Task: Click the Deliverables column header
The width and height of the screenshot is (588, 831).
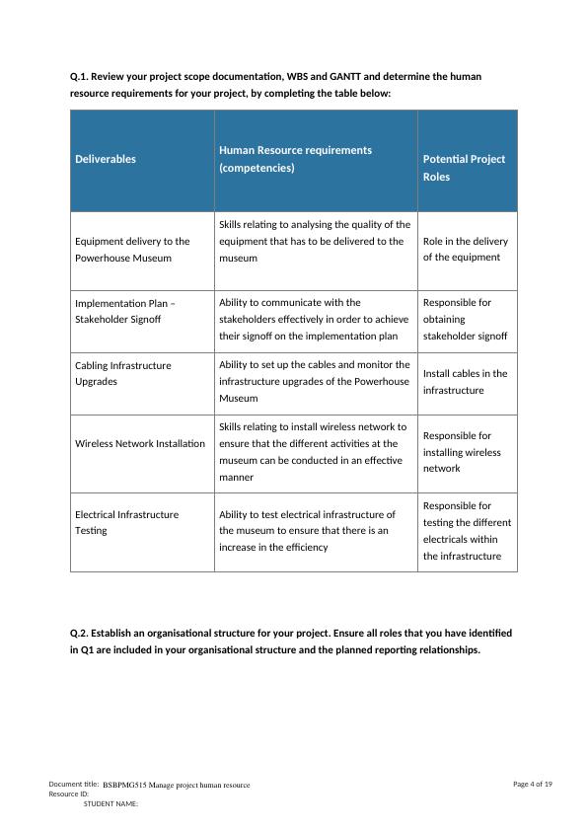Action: (106, 159)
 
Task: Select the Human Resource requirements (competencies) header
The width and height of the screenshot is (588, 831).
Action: (295, 159)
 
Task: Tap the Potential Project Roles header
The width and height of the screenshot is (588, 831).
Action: (464, 168)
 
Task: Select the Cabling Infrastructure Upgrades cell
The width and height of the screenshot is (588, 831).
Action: (122, 373)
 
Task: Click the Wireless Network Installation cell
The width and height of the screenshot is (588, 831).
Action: (140, 443)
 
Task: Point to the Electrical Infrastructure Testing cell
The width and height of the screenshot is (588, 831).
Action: (126, 522)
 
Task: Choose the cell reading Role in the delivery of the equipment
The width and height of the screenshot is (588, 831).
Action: (466, 250)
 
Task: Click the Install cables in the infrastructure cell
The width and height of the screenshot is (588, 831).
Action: (466, 382)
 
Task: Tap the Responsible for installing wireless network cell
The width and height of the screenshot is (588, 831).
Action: (462, 452)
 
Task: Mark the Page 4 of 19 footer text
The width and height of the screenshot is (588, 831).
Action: (533, 784)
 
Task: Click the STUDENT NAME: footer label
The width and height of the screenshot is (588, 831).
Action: (110, 804)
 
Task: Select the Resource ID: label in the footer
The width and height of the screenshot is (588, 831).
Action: (69, 793)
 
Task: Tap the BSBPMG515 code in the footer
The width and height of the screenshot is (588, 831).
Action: (127, 786)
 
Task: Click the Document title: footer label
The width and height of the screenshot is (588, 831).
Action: (73, 784)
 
